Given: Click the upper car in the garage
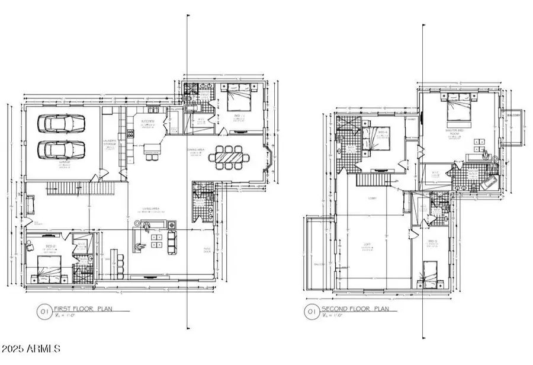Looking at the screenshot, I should [61, 123].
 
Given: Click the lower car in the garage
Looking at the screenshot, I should [61, 149].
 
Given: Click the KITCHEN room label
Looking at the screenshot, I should [147, 122].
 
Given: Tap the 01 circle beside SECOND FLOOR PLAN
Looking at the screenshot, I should [310, 310].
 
